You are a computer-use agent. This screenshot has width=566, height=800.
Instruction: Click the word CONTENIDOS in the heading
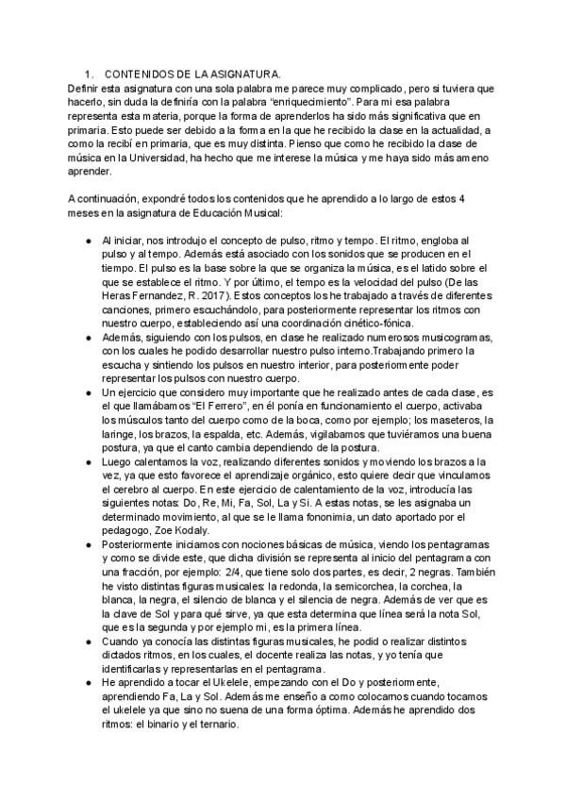click(x=141, y=74)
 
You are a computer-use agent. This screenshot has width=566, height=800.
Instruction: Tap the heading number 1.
click(x=88, y=74)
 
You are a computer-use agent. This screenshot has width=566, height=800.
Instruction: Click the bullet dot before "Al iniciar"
click(x=88, y=242)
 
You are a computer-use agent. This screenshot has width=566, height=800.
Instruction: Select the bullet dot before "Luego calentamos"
click(x=88, y=461)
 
